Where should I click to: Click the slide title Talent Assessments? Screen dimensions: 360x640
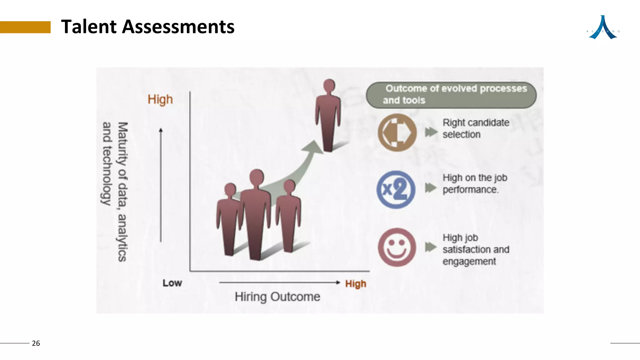click(147, 27)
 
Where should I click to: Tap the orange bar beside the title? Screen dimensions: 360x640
click(25, 27)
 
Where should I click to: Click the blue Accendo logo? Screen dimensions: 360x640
click(603, 28)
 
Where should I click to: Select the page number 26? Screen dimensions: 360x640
click(36, 343)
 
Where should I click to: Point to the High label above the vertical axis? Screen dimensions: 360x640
click(160, 99)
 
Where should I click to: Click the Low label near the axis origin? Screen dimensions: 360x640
click(172, 283)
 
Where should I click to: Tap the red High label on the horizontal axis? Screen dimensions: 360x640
click(356, 284)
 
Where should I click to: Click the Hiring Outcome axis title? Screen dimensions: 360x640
click(277, 297)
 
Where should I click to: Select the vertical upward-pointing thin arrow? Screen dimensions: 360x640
click(161, 184)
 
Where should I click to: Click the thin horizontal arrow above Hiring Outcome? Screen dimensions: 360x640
click(279, 282)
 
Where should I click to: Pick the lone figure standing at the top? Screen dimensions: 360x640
click(328, 116)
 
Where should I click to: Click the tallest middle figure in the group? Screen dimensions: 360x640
click(256, 216)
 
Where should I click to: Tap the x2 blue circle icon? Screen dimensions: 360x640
click(396, 190)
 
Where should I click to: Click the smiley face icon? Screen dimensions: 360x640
click(397, 247)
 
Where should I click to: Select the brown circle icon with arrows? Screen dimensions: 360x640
click(397, 132)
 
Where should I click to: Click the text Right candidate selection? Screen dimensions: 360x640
click(475, 128)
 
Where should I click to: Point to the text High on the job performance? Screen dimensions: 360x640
click(475, 183)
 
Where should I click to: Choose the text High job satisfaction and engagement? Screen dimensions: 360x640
click(476, 249)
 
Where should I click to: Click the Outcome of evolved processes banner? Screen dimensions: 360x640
click(451, 95)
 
